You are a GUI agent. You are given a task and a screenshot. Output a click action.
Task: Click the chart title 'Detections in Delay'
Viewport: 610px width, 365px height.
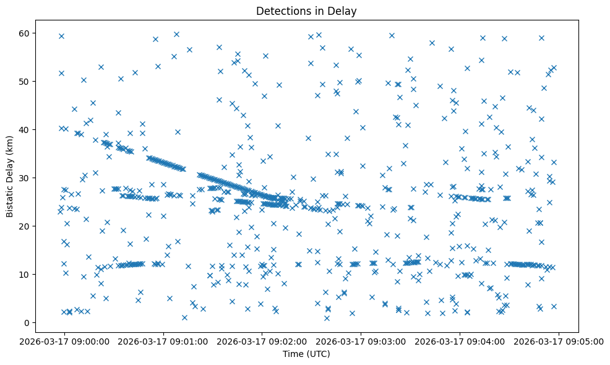(x=306, y=11)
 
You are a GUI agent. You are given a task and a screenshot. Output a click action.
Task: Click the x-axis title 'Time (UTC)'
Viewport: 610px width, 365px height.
(x=306, y=354)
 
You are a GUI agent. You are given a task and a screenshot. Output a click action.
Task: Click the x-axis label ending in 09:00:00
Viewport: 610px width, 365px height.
(x=64, y=341)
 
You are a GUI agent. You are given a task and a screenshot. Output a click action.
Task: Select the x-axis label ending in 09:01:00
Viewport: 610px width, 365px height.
(x=163, y=341)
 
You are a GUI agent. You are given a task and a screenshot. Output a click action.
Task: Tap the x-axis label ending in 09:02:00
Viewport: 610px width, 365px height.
(x=262, y=341)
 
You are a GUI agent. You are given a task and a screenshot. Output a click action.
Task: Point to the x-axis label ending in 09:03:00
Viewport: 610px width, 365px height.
(x=361, y=341)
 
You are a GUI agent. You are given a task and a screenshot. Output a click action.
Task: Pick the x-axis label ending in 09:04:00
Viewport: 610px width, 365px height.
(x=460, y=341)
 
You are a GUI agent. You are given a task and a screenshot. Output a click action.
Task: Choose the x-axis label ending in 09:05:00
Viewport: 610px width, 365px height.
(x=559, y=341)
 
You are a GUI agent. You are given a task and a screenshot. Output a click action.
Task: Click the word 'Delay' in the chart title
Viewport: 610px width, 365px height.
(x=344, y=11)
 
